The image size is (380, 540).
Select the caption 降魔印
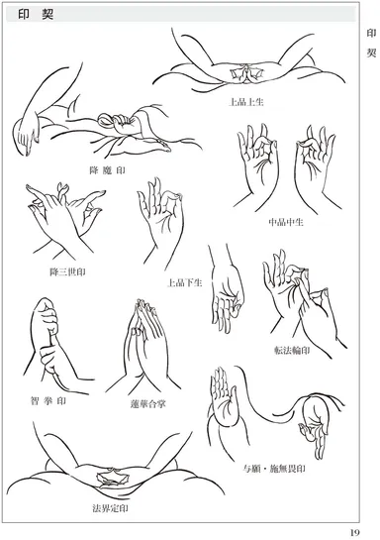tap(107, 169)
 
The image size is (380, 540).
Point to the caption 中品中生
tap(287, 221)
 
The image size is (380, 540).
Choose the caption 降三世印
tap(67, 270)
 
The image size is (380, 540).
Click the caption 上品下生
tap(185, 282)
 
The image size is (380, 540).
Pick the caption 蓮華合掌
tap(148, 404)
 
